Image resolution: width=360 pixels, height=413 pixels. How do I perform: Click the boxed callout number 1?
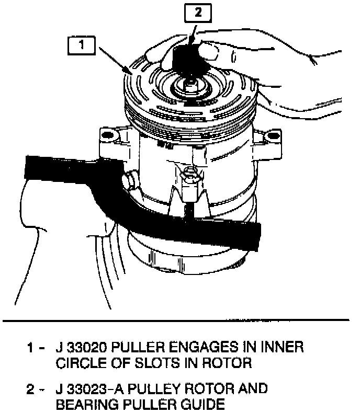pyautogui.click(x=81, y=45)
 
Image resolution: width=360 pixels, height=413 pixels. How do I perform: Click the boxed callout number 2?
pyautogui.click(x=197, y=14)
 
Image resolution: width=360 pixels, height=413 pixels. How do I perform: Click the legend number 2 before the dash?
pyautogui.click(x=31, y=388)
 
